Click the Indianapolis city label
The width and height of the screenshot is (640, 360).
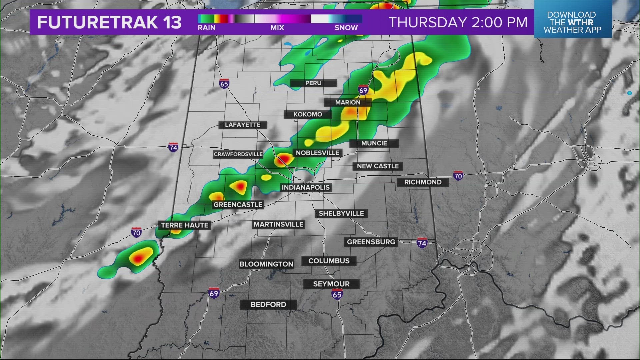tap(306, 187)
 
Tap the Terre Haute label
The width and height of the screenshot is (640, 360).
tap(185, 225)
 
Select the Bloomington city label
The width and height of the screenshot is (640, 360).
tap(266, 264)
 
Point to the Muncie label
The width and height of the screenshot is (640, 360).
tap(374, 143)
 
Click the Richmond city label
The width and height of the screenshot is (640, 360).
tap(423, 182)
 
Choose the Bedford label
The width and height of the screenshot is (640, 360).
tap(268, 304)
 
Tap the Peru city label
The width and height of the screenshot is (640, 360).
tap(313, 83)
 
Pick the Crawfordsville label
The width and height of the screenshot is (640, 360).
tap(238, 154)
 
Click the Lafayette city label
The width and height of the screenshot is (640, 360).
tap(243, 125)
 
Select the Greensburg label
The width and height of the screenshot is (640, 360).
tap(371, 242)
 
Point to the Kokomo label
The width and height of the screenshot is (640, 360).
tap(308, 114)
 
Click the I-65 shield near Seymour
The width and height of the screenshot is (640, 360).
tap(337, 294)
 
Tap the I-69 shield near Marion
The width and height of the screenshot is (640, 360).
tap(363, 90)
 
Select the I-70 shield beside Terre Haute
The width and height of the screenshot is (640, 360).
tap(136, 232)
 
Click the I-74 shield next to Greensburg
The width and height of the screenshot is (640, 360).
tap(422, 243)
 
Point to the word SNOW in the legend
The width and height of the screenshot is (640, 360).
tap(346, 28)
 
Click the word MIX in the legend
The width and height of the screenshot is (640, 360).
tap(277, 28)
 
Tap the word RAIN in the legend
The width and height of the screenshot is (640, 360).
tap(207, 28)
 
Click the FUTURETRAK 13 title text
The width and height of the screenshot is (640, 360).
tap(109, 22)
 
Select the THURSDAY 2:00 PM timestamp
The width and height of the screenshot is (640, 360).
tap(458, 22)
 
